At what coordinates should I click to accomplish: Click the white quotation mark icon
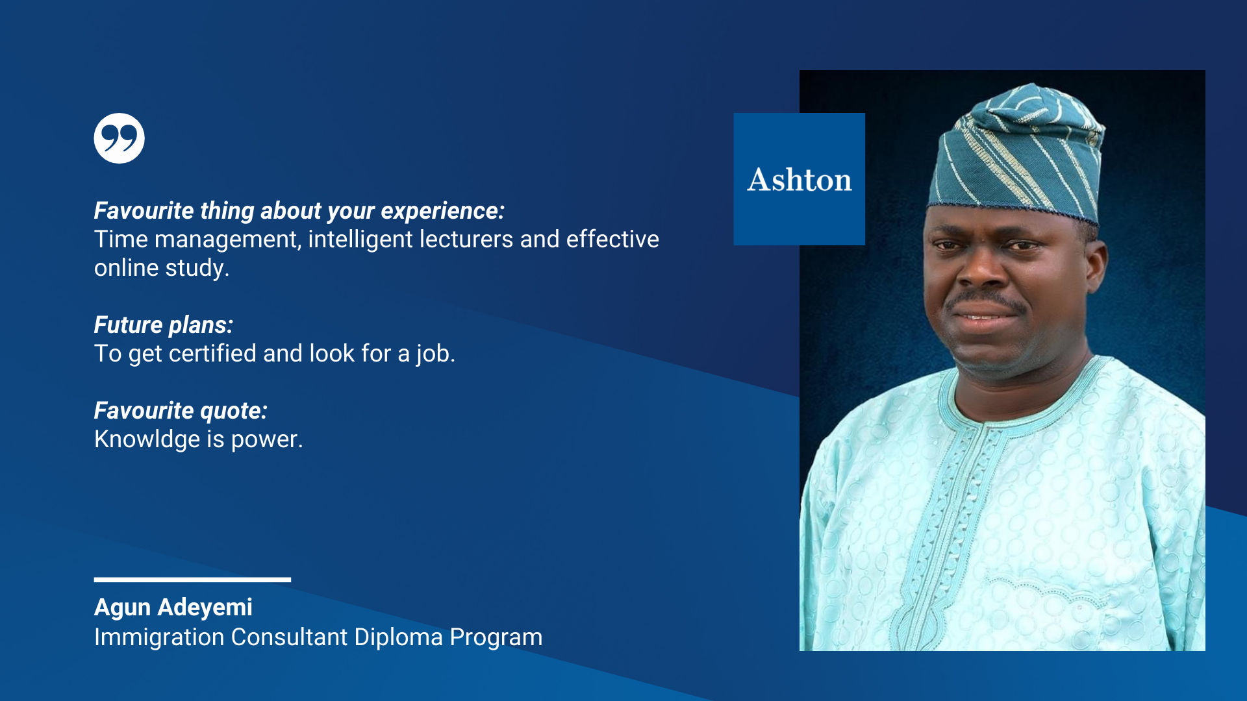(119, 138)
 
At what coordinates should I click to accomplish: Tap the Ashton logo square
(799, 179)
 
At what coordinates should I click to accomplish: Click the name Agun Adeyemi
(173, 608)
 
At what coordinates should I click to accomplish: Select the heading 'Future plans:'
(164, 325)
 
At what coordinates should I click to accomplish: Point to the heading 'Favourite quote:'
(181, 410)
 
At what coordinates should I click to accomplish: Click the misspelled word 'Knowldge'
(147, 439)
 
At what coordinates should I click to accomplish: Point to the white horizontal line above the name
(192, 580)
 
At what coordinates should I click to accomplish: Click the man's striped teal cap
(1016, 156)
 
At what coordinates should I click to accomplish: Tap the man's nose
(982, 269)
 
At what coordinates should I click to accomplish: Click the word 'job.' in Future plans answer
(436, 354)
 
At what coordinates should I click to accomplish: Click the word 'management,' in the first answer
(228, 240)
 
